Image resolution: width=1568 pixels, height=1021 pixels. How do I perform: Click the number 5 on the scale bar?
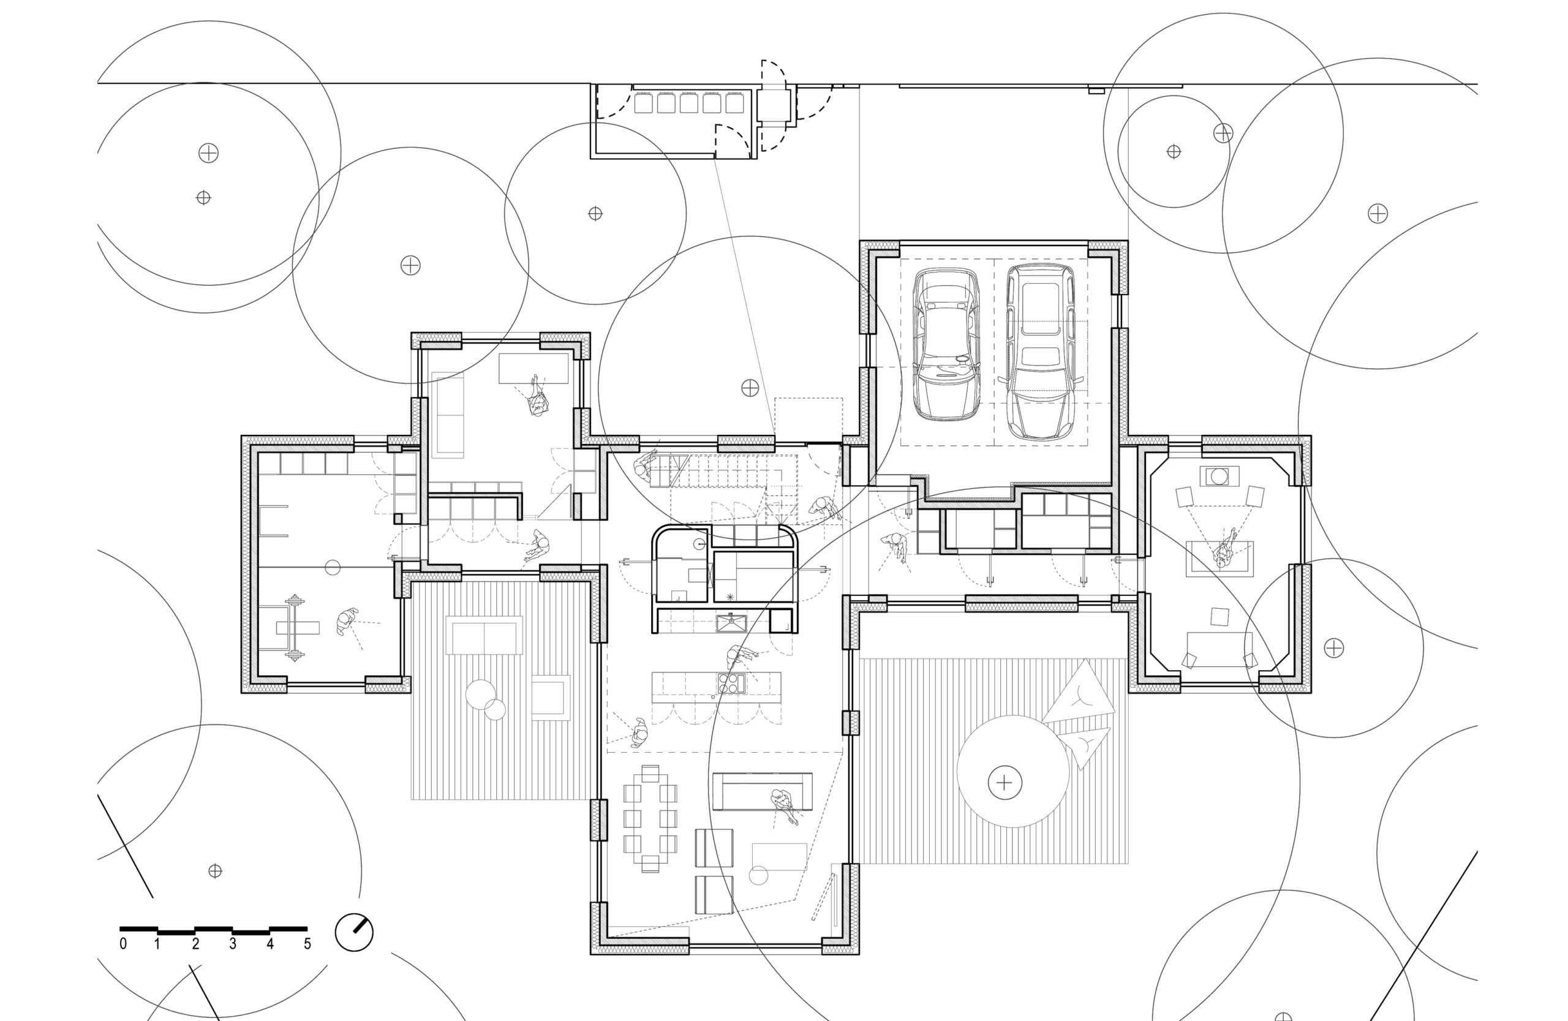pyautogui.click(x=307, y=944)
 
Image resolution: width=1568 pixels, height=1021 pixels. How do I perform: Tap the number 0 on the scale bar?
pyautogui.click(x=123, y=944)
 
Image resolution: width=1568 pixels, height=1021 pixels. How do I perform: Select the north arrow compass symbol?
pyautogui.click(x=355, y=932)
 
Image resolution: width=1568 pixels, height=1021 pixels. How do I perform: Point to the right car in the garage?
pyautogui.click(x=1039, y=352)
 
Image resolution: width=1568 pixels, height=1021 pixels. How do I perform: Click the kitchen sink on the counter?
pyautogui.click(x=731, y=622)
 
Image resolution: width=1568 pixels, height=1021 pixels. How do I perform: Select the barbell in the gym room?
pyautogui.click(x=295, y=627)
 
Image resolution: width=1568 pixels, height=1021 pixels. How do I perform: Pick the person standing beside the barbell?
pyautogui.click(x=346, y=621)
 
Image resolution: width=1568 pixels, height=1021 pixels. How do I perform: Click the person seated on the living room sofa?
pyautogui.click(x=783, y=805)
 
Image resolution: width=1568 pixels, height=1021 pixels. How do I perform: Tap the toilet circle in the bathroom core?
pyautogui.click(x=700, y=543)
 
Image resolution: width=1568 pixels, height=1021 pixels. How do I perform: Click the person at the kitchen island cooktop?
pyautogui.click(x=740, y=657)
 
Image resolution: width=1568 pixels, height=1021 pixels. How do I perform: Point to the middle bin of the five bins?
pyautogui.click(x=689, y=104)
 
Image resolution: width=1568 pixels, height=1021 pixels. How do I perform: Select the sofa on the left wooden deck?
pyautogui.click(x=484, y=635)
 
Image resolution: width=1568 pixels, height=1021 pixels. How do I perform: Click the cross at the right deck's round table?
pyautogui.click(x=1005, y=783)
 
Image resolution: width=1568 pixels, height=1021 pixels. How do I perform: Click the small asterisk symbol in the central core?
pyautogui.click(x=729, y=597)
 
